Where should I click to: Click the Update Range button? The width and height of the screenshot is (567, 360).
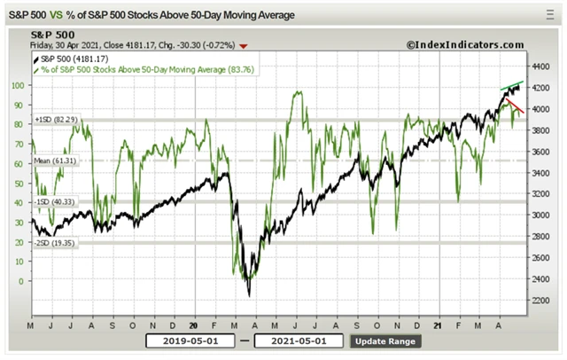point(385,340)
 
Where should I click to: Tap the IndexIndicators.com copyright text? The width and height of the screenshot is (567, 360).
point(465,44)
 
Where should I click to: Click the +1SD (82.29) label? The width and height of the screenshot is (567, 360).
point(50,120)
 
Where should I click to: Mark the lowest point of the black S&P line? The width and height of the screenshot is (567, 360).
point(249,295)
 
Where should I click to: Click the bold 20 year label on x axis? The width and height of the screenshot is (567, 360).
point(194,325)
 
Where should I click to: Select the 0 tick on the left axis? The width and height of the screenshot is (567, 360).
point(21,281)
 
